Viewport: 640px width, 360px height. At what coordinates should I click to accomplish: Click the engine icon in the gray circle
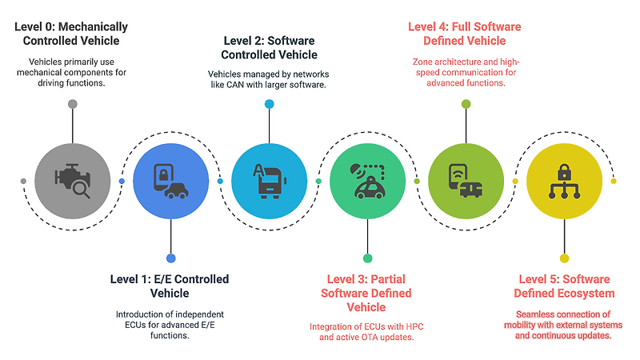click(73, 181)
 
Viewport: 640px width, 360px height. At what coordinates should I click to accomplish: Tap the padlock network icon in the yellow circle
click(565, 182)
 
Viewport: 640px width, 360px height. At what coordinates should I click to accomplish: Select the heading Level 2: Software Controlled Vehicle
click(269, 48)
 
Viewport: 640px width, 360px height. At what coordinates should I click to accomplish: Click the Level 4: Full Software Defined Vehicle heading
click(465, 34)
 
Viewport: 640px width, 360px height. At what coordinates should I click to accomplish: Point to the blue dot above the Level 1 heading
click(171, 258)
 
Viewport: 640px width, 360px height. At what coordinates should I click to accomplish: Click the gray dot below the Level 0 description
click(73, 104)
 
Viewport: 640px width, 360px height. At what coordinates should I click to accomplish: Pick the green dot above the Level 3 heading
click(367, 258)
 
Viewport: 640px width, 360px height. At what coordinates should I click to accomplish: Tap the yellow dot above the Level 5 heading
click(565, 258)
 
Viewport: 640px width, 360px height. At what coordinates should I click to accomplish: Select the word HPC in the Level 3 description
click(414, 326)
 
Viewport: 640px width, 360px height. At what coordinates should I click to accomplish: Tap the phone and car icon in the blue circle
click(171, 182)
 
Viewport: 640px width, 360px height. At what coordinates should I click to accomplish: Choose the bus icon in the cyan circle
click(270, 182)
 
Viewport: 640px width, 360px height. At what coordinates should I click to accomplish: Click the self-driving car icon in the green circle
click(368, 182)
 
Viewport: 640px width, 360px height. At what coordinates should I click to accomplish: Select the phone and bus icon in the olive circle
click(466, 182)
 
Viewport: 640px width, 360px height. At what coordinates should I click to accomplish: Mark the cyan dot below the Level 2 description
click(270, 104)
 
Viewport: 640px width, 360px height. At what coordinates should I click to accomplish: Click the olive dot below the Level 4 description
click(466, 104)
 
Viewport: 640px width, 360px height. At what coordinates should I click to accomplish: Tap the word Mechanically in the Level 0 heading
click(93, 27)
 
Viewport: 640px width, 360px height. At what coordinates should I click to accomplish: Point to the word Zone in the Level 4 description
click(422, 62)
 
